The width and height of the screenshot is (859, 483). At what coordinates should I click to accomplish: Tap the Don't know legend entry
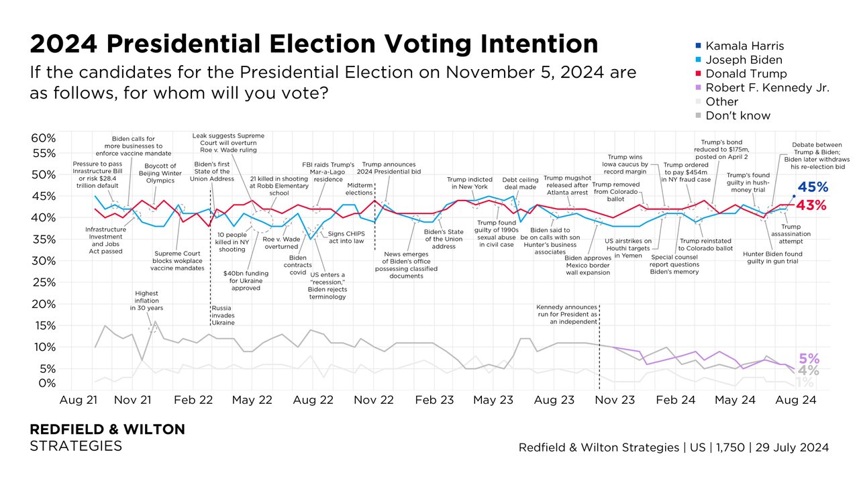coord(738,115)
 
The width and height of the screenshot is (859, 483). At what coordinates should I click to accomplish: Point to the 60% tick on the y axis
coord(43,138)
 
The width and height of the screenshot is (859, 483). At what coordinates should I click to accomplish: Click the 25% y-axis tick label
coord(43,282)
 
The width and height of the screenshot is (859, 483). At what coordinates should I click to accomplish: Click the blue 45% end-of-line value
coord(811,189)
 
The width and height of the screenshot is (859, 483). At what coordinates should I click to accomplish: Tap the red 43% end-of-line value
coord(811,206)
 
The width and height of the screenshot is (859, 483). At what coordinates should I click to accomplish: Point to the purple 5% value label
coord(808,359)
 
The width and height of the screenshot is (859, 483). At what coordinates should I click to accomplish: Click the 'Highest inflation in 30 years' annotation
coord(146,301)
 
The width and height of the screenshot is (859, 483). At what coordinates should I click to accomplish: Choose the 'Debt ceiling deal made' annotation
coord(516,184)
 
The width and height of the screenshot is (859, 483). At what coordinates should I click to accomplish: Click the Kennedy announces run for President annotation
coord(567,314)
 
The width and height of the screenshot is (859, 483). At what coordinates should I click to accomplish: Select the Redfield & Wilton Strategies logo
coord(107,437)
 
